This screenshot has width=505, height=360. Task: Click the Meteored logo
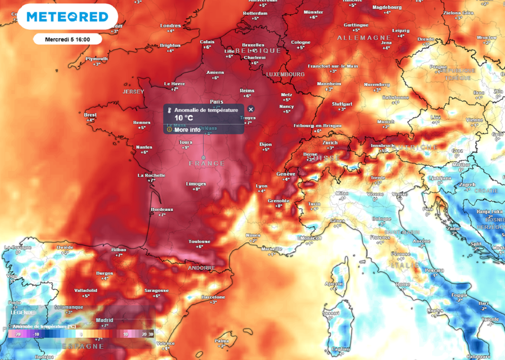pos(68,17)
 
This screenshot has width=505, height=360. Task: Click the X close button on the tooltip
pos(251,109)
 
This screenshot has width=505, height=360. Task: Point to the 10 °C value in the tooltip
pos(184,118)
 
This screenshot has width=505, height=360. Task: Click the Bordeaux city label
pos(162,210)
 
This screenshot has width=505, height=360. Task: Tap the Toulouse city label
pos(199,242)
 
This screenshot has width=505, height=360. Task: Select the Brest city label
pos(90,114)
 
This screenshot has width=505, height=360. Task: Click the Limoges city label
pos(196,184)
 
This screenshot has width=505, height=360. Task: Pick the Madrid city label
pos(105,320)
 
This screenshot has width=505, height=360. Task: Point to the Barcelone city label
pos(213,297)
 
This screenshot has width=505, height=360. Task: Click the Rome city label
pos(403,285)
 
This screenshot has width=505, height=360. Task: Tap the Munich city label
pos(386,121)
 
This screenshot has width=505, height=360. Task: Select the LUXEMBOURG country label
pos(286,74)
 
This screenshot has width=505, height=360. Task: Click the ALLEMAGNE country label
pos(357,38)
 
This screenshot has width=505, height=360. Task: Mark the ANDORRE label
pos(202,268)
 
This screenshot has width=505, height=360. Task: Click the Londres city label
pos(171,26)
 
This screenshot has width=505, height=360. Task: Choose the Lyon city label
pos(261,186)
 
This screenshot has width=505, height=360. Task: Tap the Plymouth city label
pos(97,59)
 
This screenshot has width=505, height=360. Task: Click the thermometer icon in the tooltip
pos(169,110)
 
